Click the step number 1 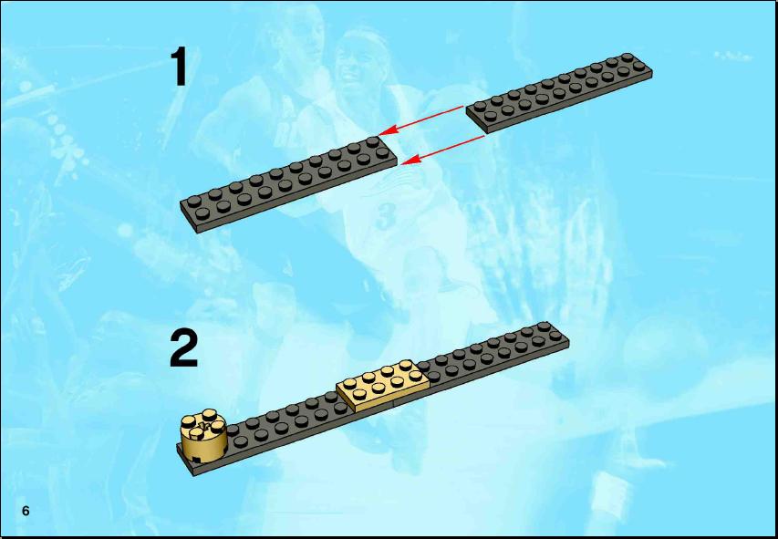tap(179, 66)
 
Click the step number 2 tap(183, 348)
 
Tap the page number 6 tap(26, 511)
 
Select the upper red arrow tap(421, 120)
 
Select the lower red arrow tap(442, 150)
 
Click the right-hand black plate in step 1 tap(559, 92)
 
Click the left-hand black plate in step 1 tap(289, 184)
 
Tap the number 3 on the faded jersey tap(387, 217)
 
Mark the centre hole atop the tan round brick tap(202, 422)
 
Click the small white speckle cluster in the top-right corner tap(732, 56)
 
